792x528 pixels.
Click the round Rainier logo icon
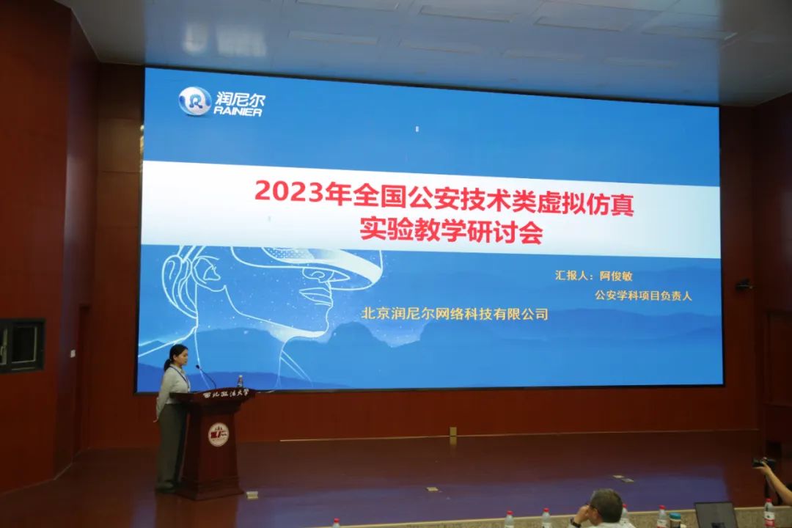click(x=194, y=101)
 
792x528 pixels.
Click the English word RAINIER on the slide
click(x=238, y=112)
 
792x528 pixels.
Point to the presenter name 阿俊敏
click(x=616, y=276)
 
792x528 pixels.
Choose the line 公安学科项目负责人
click(x=643, y=295)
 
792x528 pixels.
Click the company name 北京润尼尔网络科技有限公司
click(x=455, y=314)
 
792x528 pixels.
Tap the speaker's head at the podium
click(x=179, y=356)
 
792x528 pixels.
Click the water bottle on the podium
click(x=240, y=384)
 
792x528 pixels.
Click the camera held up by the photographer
click(x=763, y=462)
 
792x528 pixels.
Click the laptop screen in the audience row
click(x=716, y=515)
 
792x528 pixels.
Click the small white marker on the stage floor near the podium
click(x=432, y=488)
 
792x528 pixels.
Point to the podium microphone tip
click(x=197, y=367)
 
